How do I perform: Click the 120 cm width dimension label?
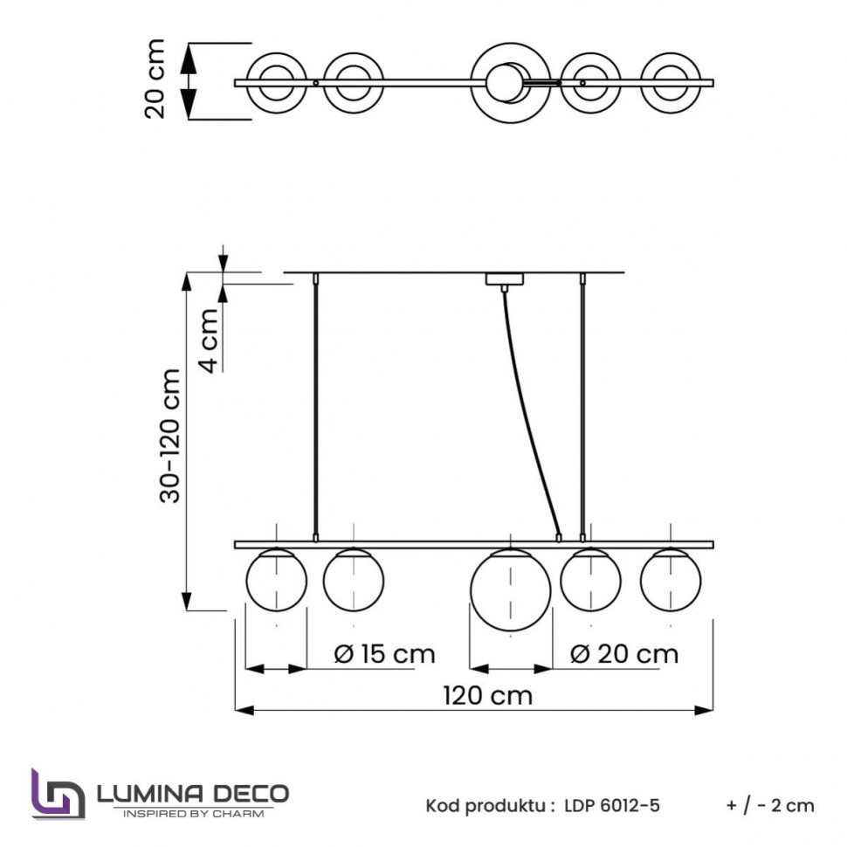(x=486, y=696)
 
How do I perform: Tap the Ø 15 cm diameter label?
(x=384, y=653)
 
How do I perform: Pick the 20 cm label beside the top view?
(x=155, y=78)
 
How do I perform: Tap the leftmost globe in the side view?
(x=276, y=581)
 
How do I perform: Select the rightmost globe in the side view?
(x=670, y=580)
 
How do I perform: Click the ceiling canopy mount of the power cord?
(x=503, y=280)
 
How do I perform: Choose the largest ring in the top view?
(x=510, y=83)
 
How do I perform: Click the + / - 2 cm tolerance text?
(x=768, y=805)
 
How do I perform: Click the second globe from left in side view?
(x=353, y=580)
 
